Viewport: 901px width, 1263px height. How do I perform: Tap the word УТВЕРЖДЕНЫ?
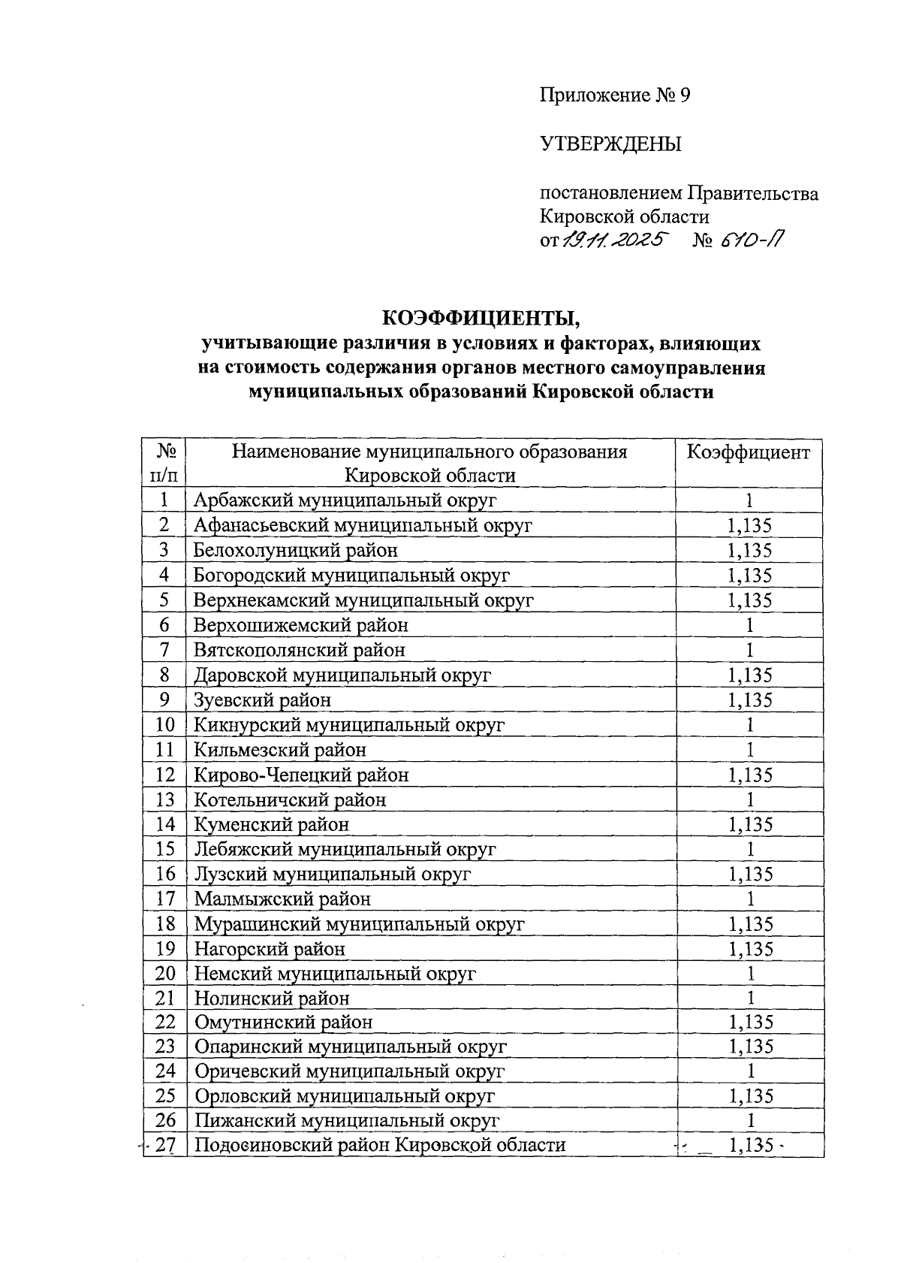[x=610, y=144]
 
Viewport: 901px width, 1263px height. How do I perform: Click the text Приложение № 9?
[x=614, y=95]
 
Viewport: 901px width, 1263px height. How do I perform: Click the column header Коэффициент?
[x=749, y=452]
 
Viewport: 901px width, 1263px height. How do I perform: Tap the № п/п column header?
[x=165, y=463]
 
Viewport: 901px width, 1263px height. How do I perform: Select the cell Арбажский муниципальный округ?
[x=345, y=500]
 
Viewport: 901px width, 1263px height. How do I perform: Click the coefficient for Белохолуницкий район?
[x=749, y=550]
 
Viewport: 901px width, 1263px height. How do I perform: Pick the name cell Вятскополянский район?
[x=300, y=650]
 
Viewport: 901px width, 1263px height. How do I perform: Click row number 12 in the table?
[x=165, y=775]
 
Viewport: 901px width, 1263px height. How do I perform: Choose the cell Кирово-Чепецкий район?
[x=302, y=775]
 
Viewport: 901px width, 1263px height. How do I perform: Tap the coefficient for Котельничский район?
[x=749, y=799]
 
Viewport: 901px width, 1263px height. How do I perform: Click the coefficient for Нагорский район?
[x=749, y=949]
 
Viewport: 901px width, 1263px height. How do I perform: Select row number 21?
[x=165, y=999]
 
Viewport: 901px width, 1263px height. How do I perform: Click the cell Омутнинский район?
[x=284, y=1023]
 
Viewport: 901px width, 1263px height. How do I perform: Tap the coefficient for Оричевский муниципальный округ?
[x=749, y=1071]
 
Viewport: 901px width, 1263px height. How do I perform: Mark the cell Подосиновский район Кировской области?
[x=380, y=1145]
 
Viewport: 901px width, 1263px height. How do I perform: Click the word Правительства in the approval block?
[x=753, y=194]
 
